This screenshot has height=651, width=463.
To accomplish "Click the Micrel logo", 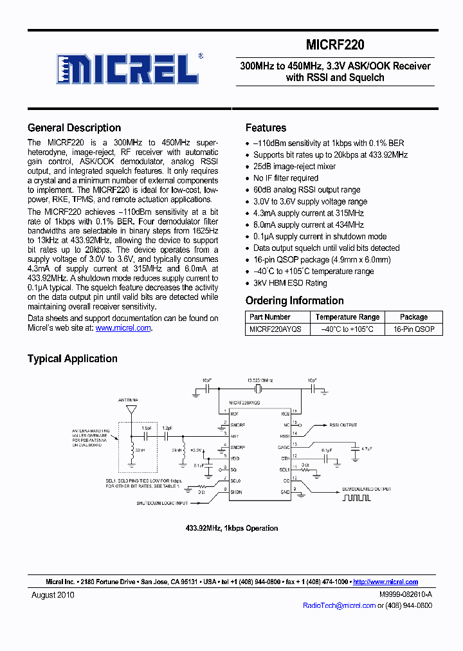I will click(x=129, y=68).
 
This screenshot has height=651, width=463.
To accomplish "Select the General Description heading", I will click(x=74, y=127).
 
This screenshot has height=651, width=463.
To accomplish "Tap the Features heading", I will click(x=266, y=127).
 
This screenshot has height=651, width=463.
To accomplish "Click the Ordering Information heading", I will click(x=295, y=300).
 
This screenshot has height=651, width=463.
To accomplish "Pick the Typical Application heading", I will click(x=72, y=358).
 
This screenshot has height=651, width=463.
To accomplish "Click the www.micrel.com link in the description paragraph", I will click(x=123, y=327).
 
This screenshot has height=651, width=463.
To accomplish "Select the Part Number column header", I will click(x=270, y=316).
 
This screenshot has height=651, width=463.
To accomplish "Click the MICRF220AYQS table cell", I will click(x=275, y=329).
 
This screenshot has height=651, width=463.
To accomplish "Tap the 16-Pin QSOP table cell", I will click(x=413, y=329).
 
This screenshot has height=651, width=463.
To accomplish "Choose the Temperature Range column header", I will click(x=347, y=316).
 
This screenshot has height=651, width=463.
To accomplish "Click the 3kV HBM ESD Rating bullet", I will click(x=290, y=282).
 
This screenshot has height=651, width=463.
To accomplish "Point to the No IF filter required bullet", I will click(x=286, y=178).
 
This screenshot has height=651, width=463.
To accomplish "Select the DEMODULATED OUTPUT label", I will click(x=367, y=489).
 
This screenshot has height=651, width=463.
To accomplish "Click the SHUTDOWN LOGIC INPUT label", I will click(x=162, y=503).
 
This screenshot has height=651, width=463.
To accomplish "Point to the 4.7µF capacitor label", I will click(x=367, y=448).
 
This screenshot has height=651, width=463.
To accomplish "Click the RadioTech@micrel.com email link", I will click(x=339, y=605).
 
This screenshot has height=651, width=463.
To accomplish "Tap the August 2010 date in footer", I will click(x=53, y=595).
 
